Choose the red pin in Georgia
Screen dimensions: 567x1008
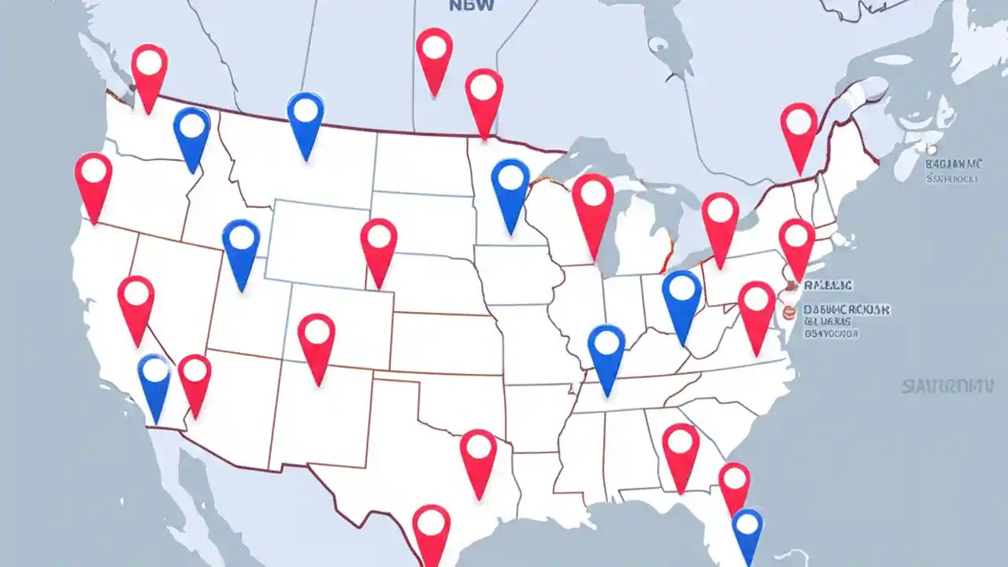coord(680,444)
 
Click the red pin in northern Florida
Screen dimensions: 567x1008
coord(734,480)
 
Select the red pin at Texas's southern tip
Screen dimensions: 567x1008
coord(432,524)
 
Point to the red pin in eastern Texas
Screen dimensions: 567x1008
coord(479,450)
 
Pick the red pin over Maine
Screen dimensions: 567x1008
coord(799,124)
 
